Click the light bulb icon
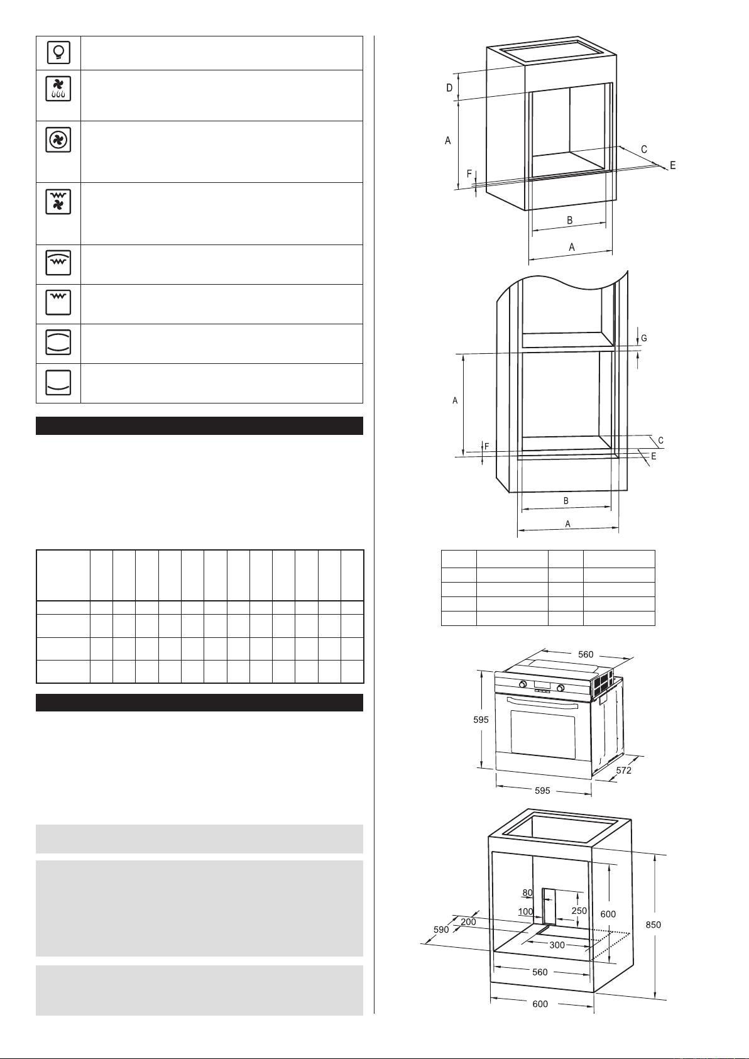point(58,52)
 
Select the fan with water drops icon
point(58,89)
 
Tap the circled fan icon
point(58,140)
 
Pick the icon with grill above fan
point(58,201)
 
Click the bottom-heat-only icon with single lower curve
point(58,383)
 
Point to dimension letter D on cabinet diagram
point(449,87)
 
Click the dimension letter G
point(643,339)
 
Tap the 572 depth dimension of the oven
point(624,770)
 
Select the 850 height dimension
point(653,925)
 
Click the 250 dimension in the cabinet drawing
point(579,911)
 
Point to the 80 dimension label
point(527,893)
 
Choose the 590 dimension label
point(441,930)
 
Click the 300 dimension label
point(557,945)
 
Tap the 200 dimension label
point(468,922)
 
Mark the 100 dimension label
point(525,911)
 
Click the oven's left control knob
point(523,684)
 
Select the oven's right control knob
point(561,688)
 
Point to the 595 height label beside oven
point(481,720)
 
